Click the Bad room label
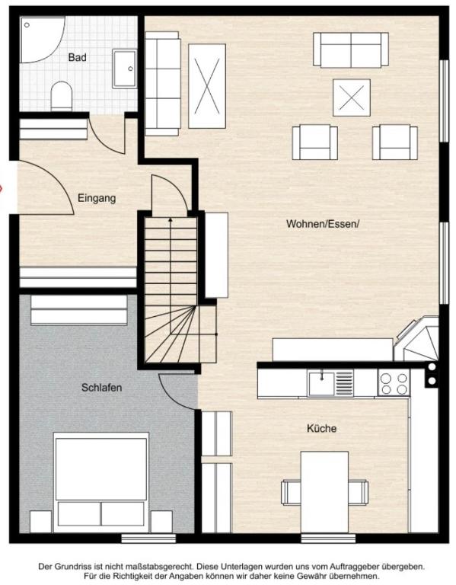77,57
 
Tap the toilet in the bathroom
61,96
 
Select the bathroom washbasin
125,69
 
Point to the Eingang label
97,198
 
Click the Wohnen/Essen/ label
323,224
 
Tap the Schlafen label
101,388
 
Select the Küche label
321,428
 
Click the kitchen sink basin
321,384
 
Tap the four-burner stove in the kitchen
394,383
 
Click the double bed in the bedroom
101,482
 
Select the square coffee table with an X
352,97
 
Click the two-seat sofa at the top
351,50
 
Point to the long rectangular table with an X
207,86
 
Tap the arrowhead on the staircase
171,220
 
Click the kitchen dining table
324,492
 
